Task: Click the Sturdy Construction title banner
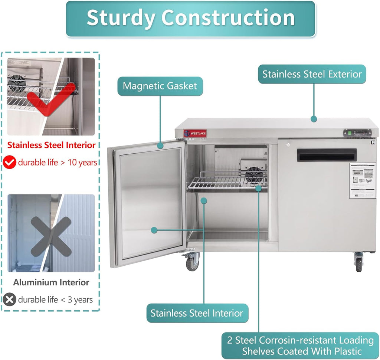[x=190, y=18]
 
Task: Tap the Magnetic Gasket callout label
[x=160, y=86]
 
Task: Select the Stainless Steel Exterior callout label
[x=312, y=74]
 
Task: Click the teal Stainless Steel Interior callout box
[x=197, y=313]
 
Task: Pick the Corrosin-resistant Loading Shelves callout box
[x=300, y=346]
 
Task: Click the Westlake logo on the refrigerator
[x=195, y=133]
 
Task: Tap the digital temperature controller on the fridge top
[x=357, y=132]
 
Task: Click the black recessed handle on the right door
[x=327, y=155]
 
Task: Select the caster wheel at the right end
[x=358, y=264]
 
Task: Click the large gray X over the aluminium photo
[x=51, y=236]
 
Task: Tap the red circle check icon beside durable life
[x=10, y=162]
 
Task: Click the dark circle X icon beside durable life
[x=10, y=300]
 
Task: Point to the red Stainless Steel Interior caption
[x=52, y=145]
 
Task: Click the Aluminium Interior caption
[x=51, y=282]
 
